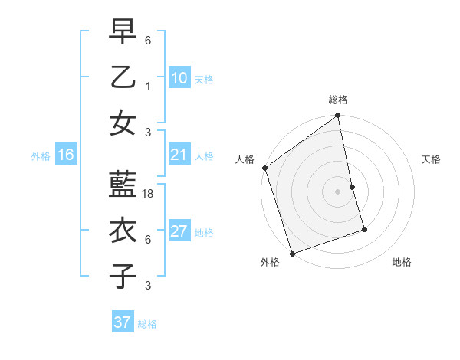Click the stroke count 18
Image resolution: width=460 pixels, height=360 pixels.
point(148,194)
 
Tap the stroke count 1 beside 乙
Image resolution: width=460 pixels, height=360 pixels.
point(148,85)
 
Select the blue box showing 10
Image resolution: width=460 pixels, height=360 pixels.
point(179,77)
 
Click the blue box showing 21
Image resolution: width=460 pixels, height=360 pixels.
point(179,155)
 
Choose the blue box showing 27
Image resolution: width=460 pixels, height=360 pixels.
point(179,232)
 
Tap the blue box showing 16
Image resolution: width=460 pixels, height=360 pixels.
point(65,155)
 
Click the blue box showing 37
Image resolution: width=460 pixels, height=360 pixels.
point(122,322)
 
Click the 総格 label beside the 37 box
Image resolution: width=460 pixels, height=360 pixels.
point(147,324)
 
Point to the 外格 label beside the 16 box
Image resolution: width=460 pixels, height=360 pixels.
point(41,156)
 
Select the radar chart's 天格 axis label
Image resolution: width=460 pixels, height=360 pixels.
point(432,159)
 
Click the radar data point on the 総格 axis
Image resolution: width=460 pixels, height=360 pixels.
point(337,116)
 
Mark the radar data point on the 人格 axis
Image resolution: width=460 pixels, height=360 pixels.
point(265,168)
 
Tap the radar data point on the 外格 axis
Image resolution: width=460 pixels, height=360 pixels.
point(292,253)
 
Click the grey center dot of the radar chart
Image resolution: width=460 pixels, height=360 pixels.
point(337,191)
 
